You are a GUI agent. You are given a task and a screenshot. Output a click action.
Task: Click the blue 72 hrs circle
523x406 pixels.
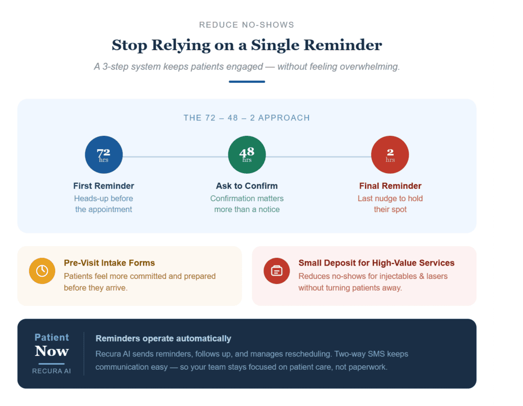click(104, 155)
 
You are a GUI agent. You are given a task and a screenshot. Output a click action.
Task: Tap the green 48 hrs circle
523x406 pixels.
click(247, 155)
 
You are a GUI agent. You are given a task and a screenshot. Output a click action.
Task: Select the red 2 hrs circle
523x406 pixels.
click(390, 155)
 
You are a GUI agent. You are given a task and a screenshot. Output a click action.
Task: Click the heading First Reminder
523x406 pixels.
click(104, 186)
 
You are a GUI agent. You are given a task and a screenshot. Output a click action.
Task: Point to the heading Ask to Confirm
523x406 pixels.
click(247, 186)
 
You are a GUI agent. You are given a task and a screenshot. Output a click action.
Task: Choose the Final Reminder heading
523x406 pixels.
click(390, 186)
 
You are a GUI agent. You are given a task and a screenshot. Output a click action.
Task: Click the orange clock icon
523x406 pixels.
click(42, 271)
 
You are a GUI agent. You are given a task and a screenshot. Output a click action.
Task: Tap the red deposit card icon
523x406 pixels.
click(276, 271)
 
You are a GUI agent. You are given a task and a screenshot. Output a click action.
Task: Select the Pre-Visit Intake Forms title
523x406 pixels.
click(109, 263)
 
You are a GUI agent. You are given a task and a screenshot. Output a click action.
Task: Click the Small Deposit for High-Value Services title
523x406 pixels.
click(376, 263)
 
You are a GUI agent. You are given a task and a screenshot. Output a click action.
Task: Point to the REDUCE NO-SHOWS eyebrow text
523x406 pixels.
click(247, 25)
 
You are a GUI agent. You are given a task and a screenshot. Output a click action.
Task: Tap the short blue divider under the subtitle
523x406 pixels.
click(247, 81)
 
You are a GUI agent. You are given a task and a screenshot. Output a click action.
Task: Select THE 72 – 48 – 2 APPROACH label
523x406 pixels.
click(247, 118)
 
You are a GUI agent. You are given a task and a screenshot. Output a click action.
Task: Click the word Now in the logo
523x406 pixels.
click(52, 351)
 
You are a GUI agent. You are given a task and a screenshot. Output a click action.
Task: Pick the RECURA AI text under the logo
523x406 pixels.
click(52, 371)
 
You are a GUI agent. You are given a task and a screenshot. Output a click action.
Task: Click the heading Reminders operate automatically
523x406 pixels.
click(163, 339)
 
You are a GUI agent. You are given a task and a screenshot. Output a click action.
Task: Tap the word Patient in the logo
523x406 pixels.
click(52, 337)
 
